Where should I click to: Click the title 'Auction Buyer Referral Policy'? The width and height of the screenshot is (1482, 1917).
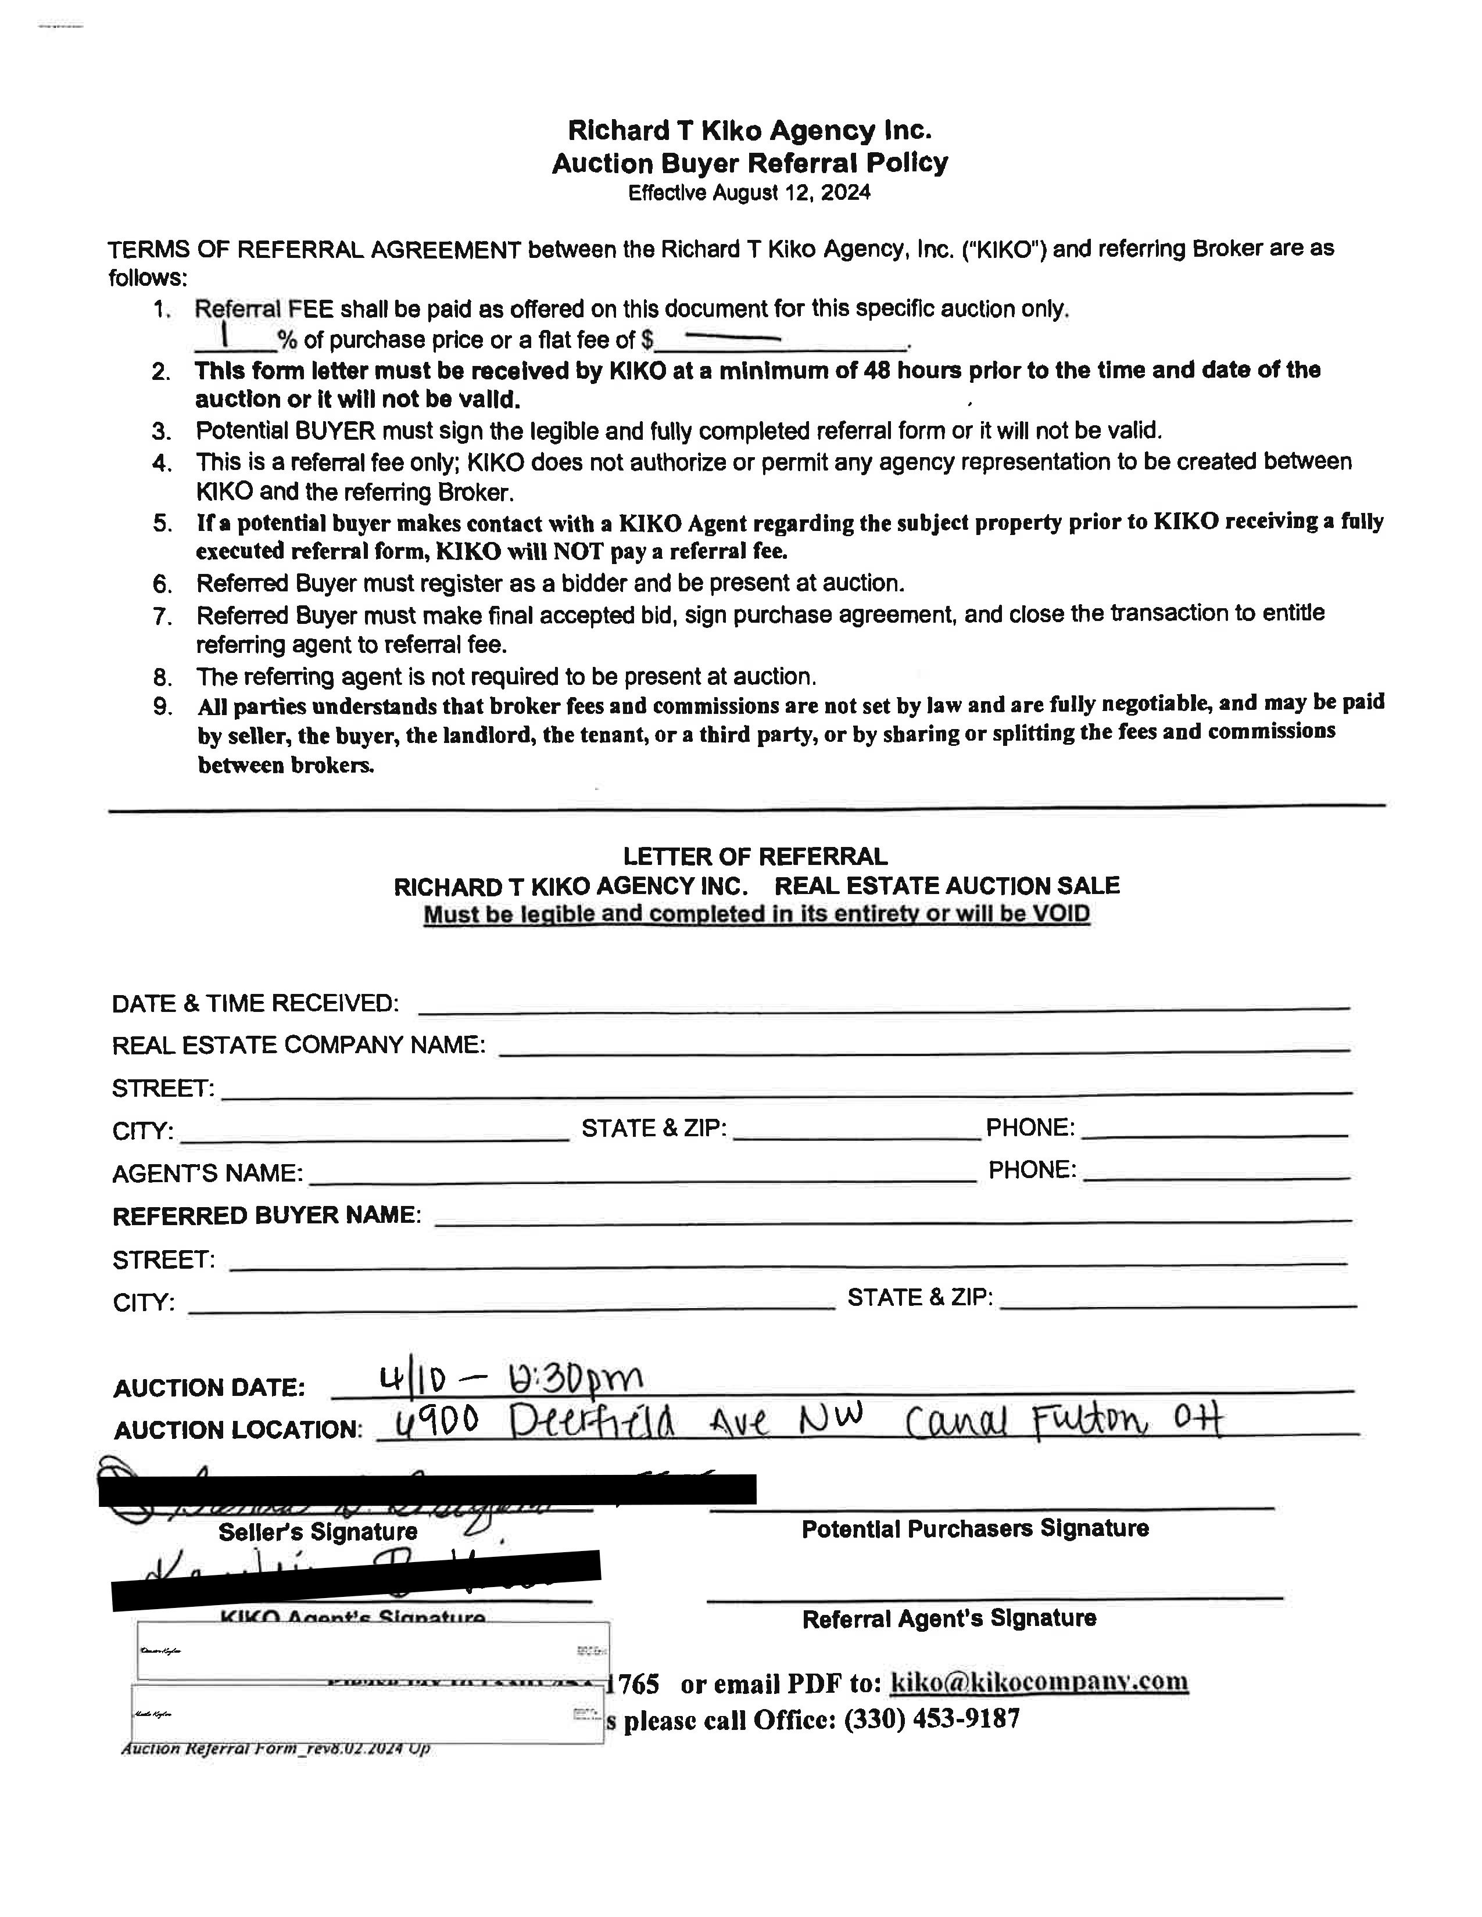click(x=749, y=163)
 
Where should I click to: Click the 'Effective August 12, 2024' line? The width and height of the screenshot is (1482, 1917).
click(x=749, y=193)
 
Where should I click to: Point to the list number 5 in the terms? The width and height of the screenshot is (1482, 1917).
click(x=162, y=524)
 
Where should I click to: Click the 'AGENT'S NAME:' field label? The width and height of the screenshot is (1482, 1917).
click(x=207, y=1173)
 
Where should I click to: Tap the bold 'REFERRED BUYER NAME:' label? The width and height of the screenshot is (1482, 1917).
click(x=267, y=1216)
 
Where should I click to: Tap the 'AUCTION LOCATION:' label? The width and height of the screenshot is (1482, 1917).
click(x=237, y=1430)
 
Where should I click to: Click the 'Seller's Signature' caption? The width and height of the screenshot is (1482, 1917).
click(x=318, y=1532)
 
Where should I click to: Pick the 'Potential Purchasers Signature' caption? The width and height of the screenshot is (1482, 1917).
click(x=975, y=1529)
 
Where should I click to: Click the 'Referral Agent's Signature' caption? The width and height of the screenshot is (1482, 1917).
click(x=949, y=1618)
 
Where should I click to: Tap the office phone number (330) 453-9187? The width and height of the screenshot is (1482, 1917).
click(x=932, y=1718)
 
